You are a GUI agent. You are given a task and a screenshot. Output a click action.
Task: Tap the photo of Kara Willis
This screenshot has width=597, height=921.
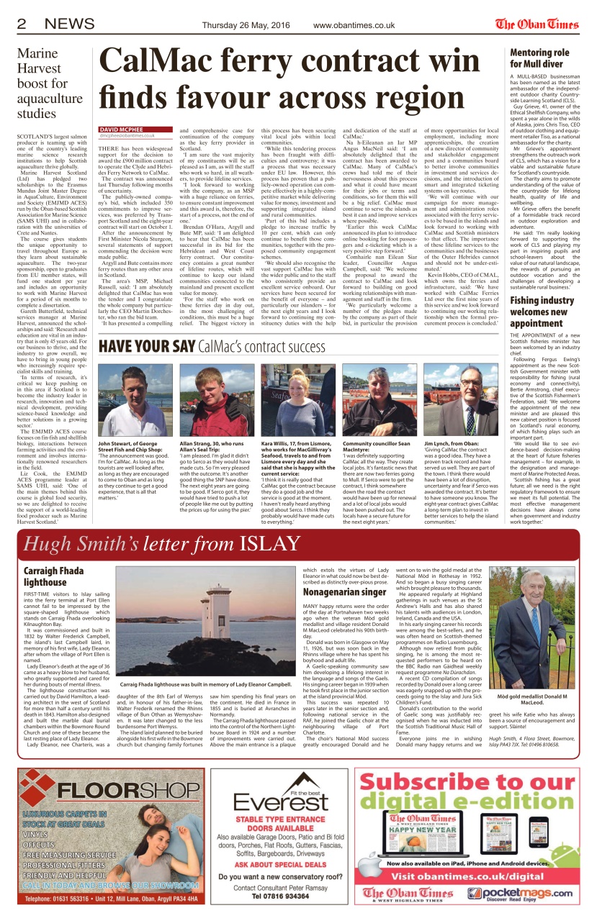(297, 400)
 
